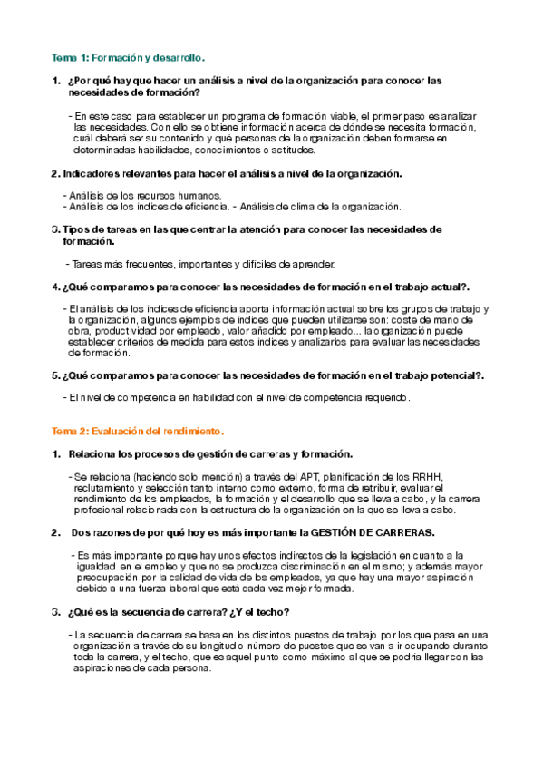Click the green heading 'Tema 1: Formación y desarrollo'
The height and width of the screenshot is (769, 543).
128,57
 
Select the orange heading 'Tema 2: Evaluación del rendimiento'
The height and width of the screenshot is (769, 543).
137,430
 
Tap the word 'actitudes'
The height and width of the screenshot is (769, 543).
287,150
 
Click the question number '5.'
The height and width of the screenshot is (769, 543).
56,375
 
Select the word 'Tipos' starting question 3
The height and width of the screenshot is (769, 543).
78,230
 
